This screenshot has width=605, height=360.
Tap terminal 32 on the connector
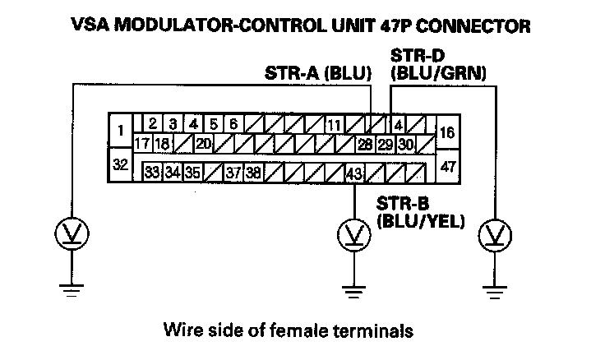[x=120, y=164]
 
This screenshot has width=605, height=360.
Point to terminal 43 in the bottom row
[x=353, y=173]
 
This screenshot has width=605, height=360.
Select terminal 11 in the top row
[x=334, y=126]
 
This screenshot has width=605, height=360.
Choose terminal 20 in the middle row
[x=202, y=145]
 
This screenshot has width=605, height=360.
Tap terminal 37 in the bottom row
[x=233, y=173]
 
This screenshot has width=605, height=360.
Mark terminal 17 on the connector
[x=141, y=145]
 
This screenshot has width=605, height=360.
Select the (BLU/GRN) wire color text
[x=439, y=74]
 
